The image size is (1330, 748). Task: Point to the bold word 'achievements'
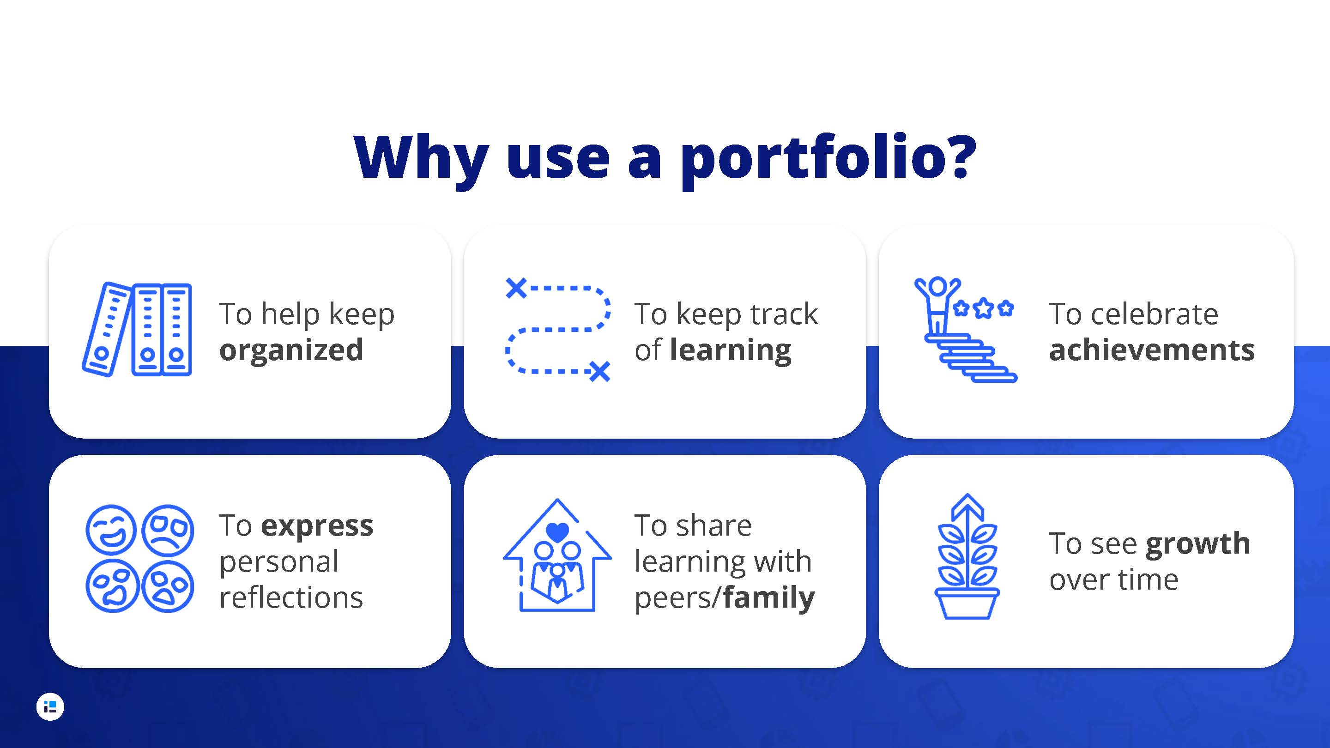click(x=1151, y=350)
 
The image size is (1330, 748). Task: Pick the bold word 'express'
click(x=317, y=526)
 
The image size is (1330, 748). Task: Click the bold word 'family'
click(x=768, y=598)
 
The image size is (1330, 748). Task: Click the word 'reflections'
click(x=291, y=598)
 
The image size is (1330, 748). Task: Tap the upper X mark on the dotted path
click(x=516, y=288)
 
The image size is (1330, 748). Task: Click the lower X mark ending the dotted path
click(x=600, y=371)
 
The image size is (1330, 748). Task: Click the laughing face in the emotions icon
click(x=111, y=530)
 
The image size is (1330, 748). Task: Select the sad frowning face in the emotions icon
click(x=168, y=530)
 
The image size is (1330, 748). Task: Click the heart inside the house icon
click(x=557, y=532)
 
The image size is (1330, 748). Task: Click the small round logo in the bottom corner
click(x=50, y=707)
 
